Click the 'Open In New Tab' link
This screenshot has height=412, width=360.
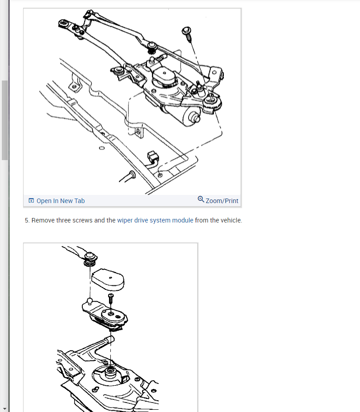[61, 201]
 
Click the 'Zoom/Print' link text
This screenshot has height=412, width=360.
[222, 201]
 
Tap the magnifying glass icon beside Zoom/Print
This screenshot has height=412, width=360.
[201, 199]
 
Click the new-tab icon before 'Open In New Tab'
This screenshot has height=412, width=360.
[31, 200]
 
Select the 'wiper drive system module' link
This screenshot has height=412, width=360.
[155, 220]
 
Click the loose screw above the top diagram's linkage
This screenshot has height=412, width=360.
[187, 34]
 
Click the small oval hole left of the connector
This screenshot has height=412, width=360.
[102, 148]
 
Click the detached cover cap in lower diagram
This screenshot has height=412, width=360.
[108, 279]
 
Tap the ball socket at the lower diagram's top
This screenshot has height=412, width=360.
[90, 259]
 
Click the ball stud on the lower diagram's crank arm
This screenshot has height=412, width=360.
[90, 301]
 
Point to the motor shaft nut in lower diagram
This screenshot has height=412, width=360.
[110, 371]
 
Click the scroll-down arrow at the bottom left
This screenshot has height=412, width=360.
[5, 409]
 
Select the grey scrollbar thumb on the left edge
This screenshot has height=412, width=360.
[5, 120]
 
